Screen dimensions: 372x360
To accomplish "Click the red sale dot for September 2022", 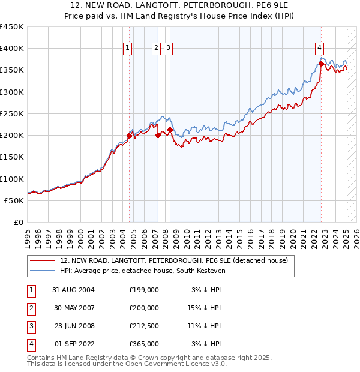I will (322, 64).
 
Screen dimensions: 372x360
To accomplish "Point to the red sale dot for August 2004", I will (129, 136).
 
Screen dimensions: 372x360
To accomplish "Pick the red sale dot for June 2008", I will (170, 130).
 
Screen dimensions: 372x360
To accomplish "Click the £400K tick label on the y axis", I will (11, 49).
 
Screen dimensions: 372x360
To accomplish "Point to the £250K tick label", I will (11, 113).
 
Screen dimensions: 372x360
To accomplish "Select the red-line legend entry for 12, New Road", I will (174, 260).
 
